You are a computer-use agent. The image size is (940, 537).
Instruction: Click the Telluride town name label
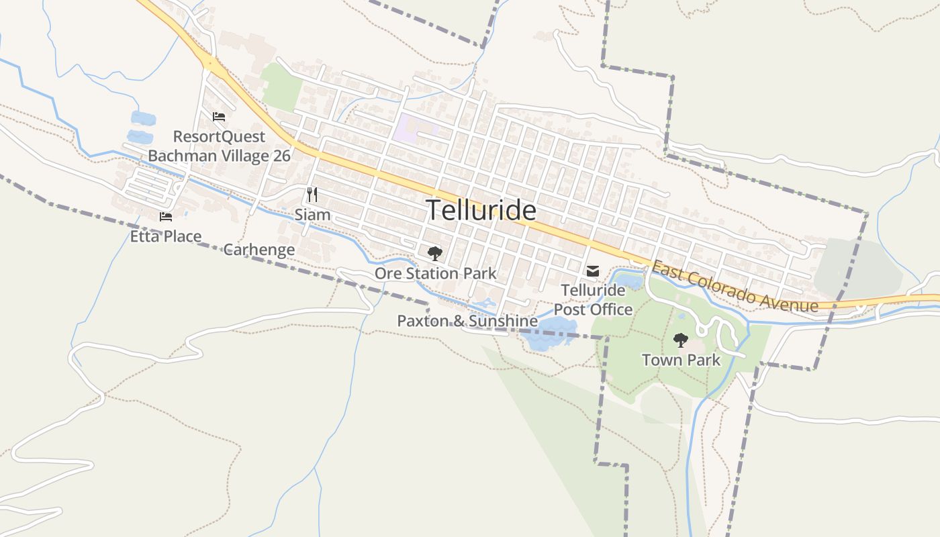point(481,210)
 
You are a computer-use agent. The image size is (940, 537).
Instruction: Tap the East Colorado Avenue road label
point(735,287)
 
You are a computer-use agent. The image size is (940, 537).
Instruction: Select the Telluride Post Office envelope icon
point(592,271)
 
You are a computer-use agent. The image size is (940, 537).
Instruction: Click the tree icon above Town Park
point(680,340)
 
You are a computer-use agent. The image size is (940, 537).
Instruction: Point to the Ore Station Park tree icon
point(435,254)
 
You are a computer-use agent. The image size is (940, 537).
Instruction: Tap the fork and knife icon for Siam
point(312,195)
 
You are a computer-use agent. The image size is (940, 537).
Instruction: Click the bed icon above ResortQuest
point(218,117)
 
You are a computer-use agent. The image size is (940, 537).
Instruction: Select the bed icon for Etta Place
point(165,216)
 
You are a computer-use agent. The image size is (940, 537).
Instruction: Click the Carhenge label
point(258,250)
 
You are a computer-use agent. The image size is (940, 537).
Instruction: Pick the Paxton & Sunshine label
point(467,321)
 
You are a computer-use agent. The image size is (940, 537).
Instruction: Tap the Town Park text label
point(681,360)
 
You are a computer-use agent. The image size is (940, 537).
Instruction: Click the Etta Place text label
point(165,236)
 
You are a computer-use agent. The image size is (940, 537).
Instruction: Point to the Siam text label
point(312,215)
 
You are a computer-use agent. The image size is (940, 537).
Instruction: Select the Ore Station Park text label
point(435,273)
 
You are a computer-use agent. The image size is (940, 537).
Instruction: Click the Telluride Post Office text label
point(593,300)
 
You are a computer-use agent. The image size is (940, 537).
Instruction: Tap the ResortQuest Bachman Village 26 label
point(219,146)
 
